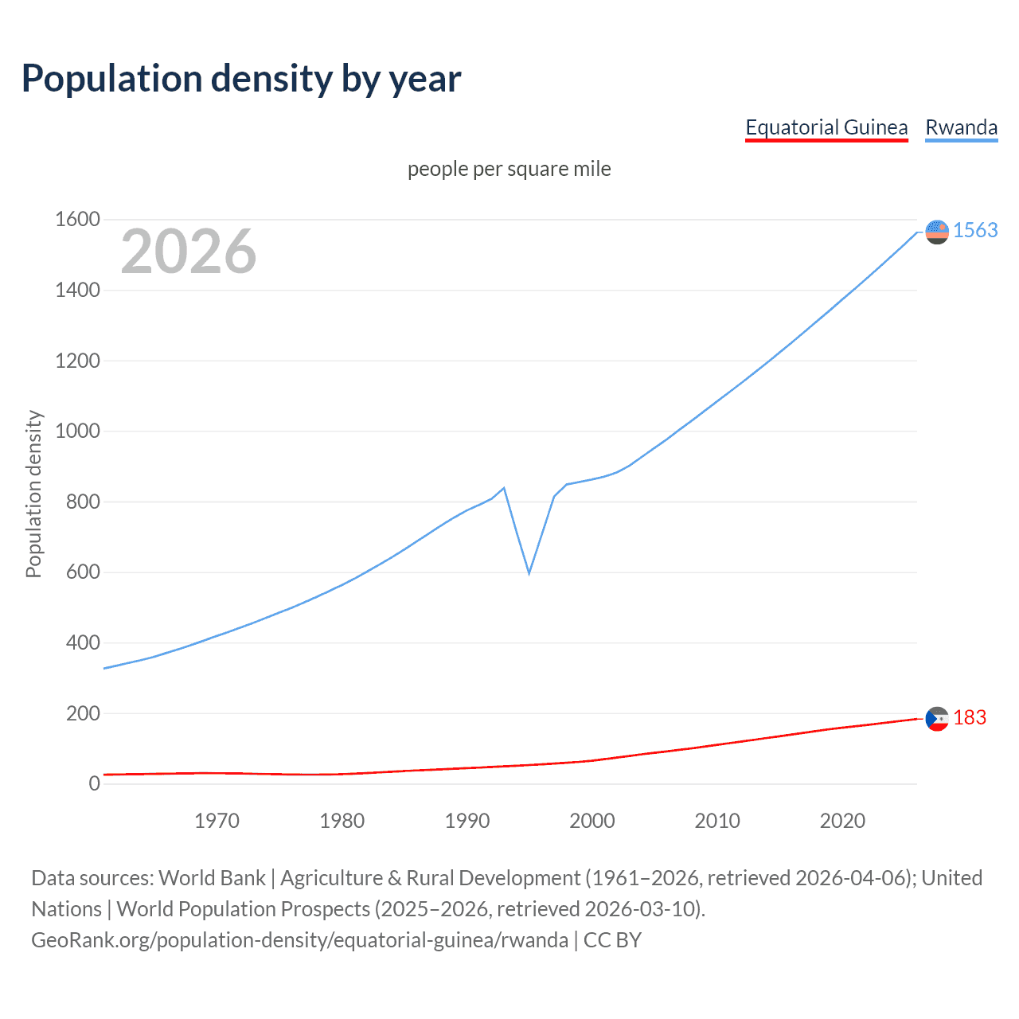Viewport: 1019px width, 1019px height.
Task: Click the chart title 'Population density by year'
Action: pos(241,79)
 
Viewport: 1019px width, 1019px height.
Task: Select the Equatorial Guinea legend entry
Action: pos(826,127)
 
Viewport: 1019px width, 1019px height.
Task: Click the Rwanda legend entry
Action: pos(961,127)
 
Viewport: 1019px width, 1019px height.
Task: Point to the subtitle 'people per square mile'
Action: pos(509,169)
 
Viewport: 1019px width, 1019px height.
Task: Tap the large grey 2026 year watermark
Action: pos(189,252)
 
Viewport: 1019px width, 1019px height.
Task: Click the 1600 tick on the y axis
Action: pos(77,219)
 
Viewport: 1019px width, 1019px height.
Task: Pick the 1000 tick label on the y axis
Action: pos(77,431)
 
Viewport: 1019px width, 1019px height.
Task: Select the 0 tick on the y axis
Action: pos(94,783)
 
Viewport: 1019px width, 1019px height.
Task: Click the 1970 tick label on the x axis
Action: pos(217,821)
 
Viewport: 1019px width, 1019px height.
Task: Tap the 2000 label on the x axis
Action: pos(591,821)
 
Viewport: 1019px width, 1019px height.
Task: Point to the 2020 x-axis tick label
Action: pos(842,821)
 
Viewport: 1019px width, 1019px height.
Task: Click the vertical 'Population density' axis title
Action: pos(33,494)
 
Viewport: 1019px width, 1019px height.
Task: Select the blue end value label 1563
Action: pos(975,230)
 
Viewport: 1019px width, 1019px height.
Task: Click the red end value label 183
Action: pos(970,717)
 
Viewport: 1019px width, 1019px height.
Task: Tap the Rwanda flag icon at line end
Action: pos(937,232)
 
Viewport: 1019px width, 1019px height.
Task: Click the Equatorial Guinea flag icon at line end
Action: pos(937,719)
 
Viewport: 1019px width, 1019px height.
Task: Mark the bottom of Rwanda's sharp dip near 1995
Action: pos(529,572)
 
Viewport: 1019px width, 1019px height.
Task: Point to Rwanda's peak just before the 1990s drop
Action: pos(504,488)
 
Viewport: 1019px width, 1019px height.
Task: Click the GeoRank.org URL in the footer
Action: pos(300,940)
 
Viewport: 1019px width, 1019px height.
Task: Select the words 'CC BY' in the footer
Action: pos(612,940)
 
